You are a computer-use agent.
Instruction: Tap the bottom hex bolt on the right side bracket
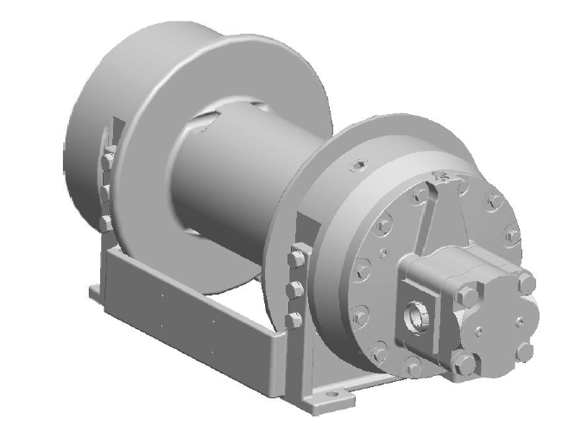(294, 320)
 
